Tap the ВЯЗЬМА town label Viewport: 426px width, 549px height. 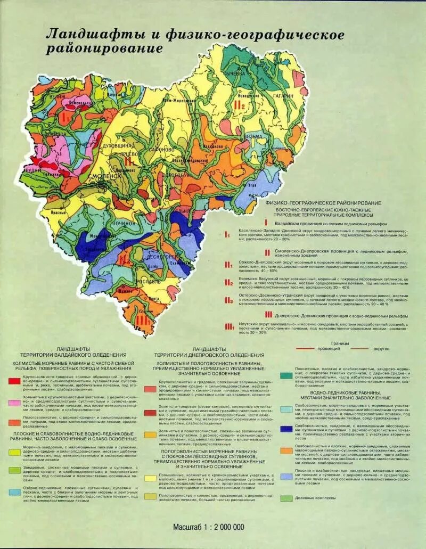pos(253,136)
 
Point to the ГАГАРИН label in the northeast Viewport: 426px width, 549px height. pos(283,96)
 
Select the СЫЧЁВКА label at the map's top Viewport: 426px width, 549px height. pos(234,73)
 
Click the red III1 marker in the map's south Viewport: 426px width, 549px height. pos(142,319)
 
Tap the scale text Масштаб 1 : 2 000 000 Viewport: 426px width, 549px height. pos(208,527)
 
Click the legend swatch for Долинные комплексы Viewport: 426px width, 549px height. pos(286,498)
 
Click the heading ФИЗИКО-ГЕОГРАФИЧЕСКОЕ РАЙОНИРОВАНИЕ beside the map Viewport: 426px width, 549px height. pos(319,203)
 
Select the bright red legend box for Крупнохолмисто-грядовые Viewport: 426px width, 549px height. pos(14,382)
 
